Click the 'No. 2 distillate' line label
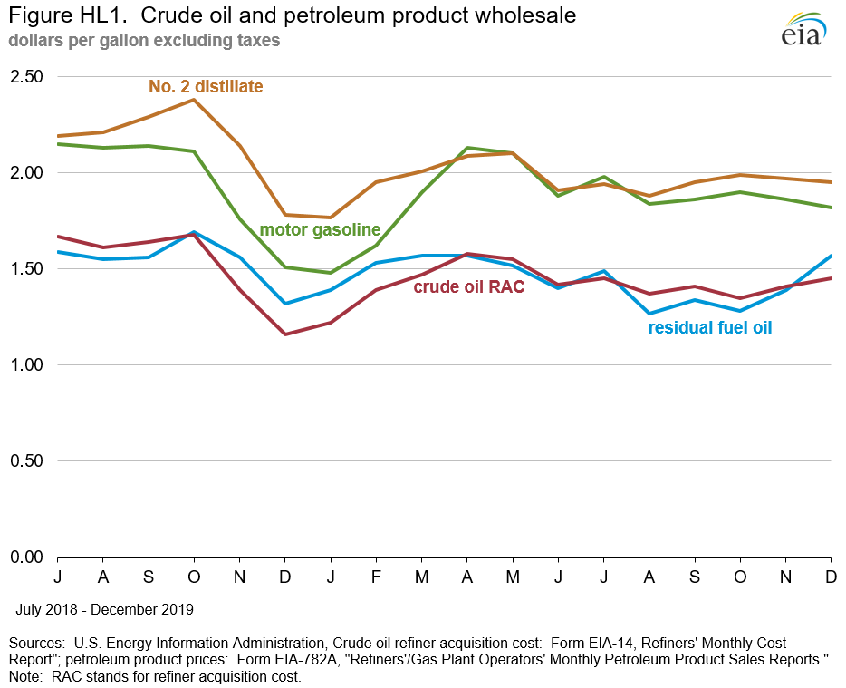(x=206, y=87)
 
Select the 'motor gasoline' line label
(x=320, y=230)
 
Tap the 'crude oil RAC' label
(x=469, y=287)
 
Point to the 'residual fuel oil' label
(x=710, y=328)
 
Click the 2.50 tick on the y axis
(x=26, y=76)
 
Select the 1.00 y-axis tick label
(x=26, y=365)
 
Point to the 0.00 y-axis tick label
(x=26, y=557)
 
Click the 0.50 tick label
(x=26, y=461)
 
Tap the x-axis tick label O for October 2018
(x=193, y=577)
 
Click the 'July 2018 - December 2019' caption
(x=103, y=609)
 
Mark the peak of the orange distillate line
(x=193, y=100)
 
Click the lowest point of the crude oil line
(x=285, y=334)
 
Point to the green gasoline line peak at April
(x=466, y=148)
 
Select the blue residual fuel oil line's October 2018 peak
(x=193, y=232)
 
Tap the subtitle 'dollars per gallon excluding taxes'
(x=144, y=41)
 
